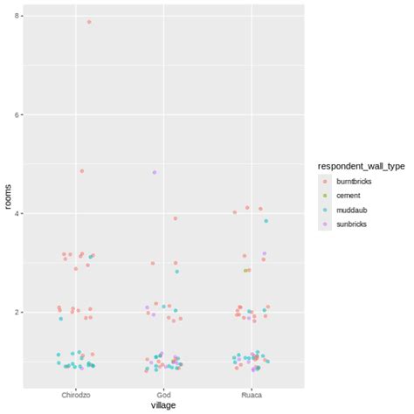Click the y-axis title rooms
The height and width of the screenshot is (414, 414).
coord(8,196)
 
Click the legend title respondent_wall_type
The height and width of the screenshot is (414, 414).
coord(361,166)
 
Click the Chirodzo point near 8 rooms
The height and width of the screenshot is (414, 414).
coord(89,22)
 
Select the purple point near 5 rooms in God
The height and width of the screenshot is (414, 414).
coord(155,172)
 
